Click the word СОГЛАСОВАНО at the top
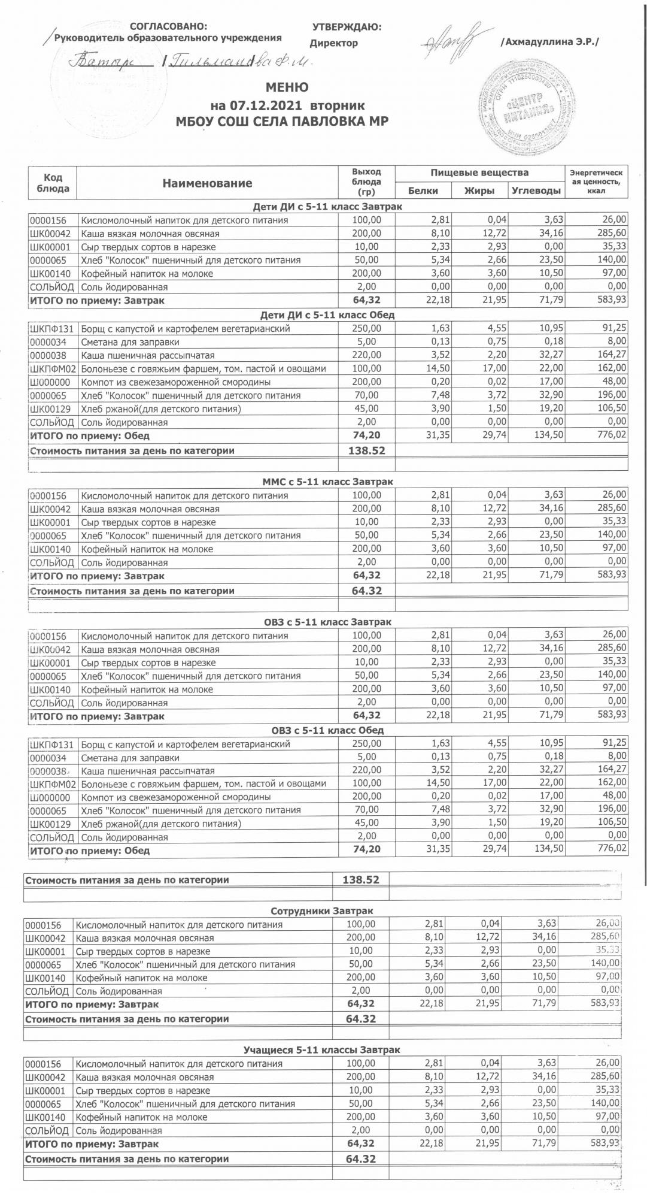(x=169, y=26)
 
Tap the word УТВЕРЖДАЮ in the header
(x=347, y=27)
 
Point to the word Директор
(x=334, y=43)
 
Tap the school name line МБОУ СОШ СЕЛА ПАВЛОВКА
(x=281, y=122)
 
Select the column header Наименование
(x=207, y=183)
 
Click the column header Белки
(x=423, y=191)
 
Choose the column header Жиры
(x=479, y=191)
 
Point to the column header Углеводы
(x=537, y=191)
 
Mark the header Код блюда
(x=53, y=183)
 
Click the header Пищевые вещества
(x=479, y=173)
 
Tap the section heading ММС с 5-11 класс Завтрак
(x=327, y=482)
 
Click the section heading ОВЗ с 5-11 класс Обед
(x=327, y=731)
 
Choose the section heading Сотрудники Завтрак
(x=322, y=911)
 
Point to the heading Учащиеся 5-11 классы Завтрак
(x=322, y=1050)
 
